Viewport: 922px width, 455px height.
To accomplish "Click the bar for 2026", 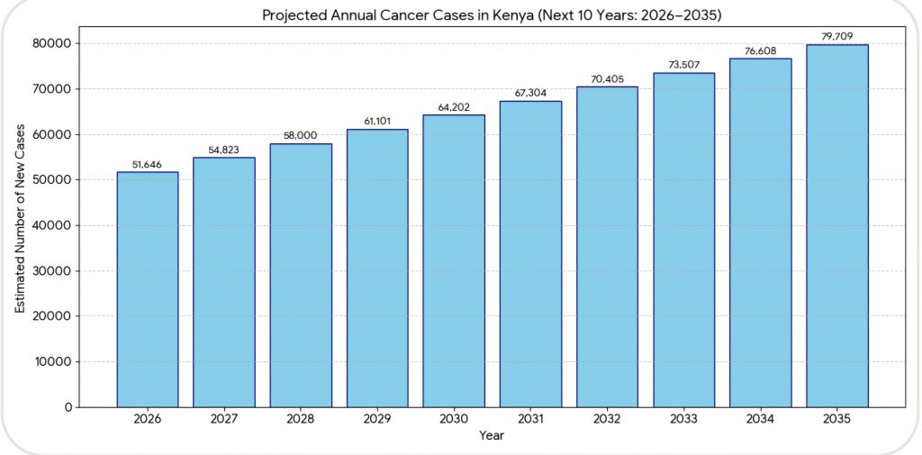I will tap(148, 289).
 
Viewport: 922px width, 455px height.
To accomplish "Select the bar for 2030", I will tap(454, 260).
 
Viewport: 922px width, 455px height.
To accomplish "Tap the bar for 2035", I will tap(837, 225).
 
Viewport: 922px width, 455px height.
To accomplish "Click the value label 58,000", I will tap(301, 134).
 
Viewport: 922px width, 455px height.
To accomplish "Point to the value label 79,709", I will tap(837, 36).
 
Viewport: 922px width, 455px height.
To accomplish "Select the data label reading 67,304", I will tap(530, 92).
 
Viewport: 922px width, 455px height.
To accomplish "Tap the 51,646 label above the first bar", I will tap(148, 163).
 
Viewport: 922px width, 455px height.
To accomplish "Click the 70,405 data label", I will tap(607, 78).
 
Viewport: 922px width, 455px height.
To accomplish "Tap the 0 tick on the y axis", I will tap(68, 407).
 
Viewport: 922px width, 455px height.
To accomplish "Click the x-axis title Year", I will tap(492, 436).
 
